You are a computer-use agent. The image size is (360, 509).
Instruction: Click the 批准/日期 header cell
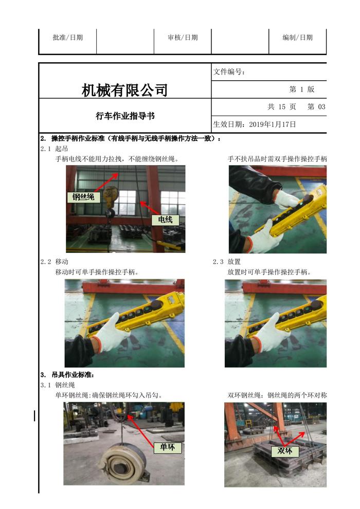67,38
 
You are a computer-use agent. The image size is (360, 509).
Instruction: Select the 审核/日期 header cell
183,38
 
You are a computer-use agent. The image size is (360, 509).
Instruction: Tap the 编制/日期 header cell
298,38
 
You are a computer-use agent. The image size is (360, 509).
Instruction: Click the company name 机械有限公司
124,90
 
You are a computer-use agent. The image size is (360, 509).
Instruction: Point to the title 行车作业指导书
125,116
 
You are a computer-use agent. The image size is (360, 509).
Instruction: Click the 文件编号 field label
229,72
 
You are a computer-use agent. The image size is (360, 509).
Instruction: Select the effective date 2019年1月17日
273,124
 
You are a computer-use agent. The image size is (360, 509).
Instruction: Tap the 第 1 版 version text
302,89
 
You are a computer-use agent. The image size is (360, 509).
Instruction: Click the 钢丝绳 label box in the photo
83,197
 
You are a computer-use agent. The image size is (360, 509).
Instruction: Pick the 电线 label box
165,220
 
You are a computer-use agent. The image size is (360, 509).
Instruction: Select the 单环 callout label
167,447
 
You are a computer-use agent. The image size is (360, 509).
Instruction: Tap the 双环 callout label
285,451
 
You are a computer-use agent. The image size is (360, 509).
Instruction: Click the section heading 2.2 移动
55,262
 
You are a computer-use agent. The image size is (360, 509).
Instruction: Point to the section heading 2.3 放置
227,262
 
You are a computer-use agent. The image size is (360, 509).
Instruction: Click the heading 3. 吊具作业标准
67,375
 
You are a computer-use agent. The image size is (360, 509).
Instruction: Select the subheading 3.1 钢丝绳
58,385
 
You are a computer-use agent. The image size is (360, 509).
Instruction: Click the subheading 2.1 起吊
55,149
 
